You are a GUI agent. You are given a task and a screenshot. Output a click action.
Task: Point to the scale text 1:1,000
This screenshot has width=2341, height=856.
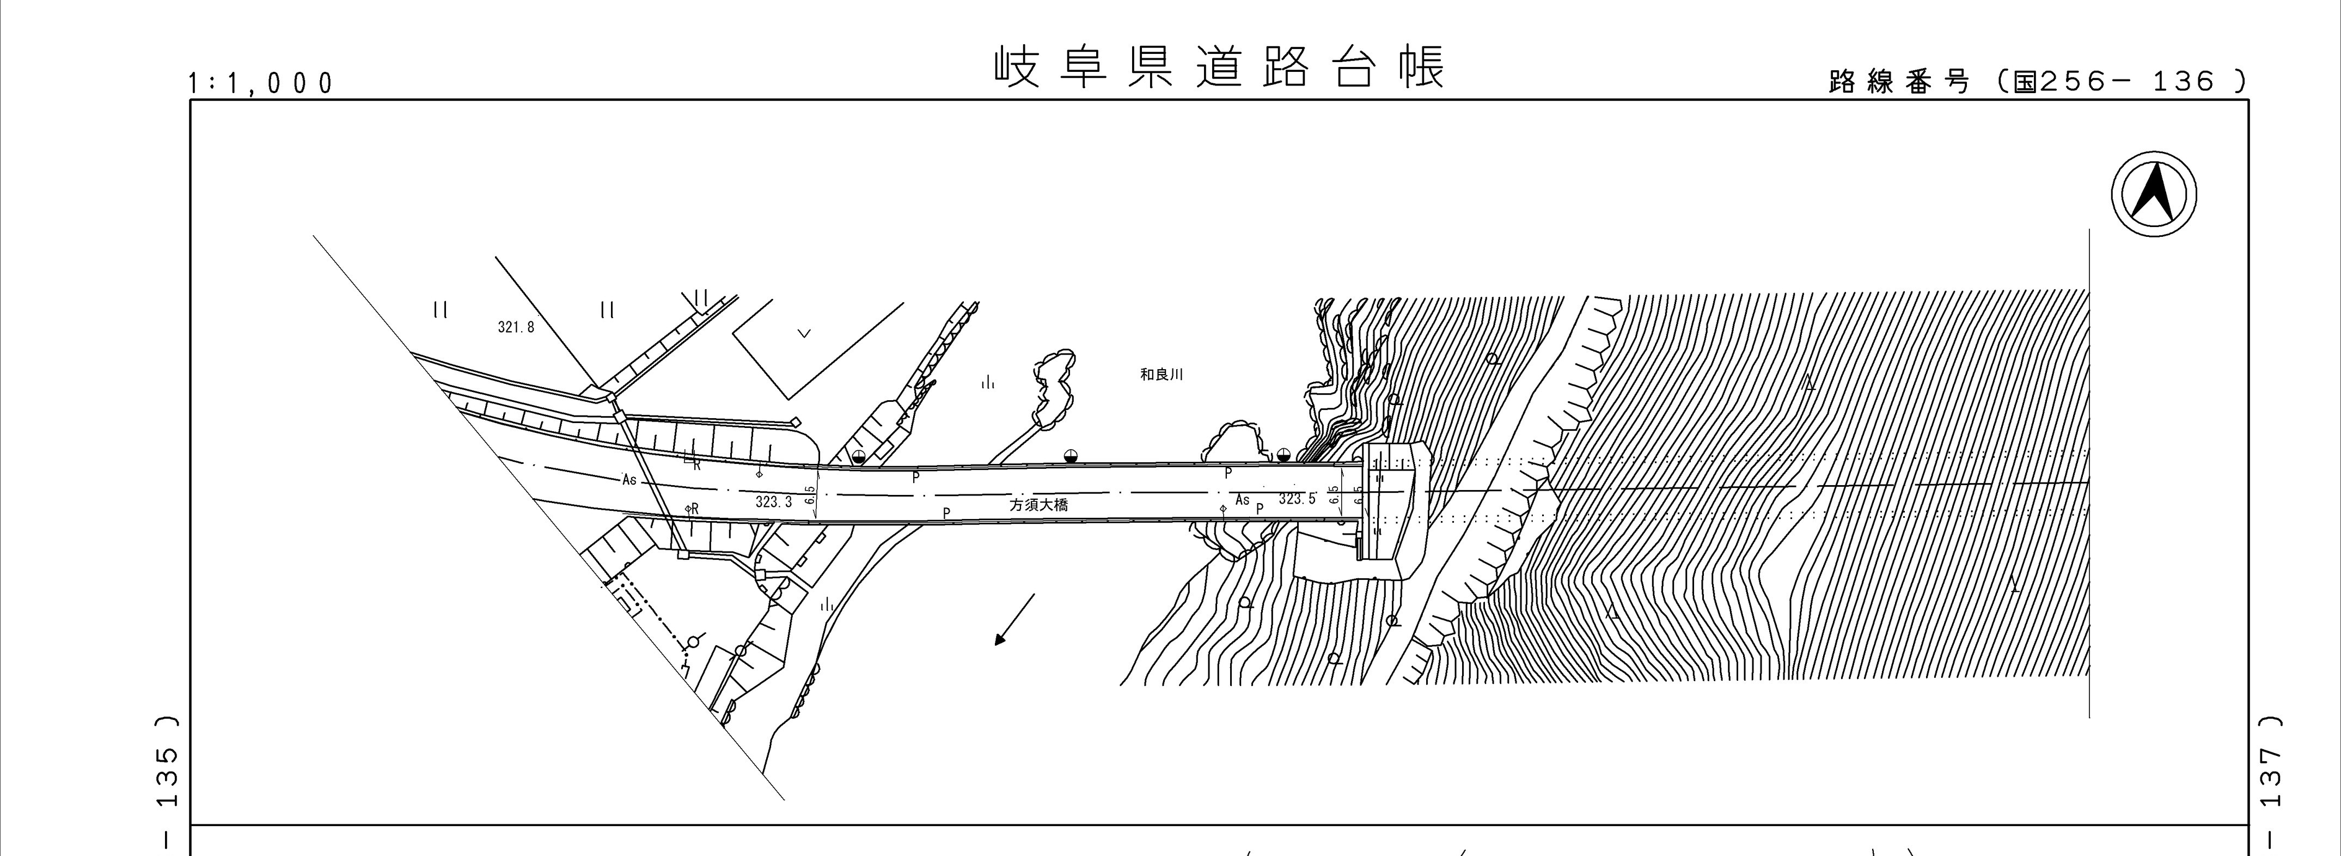pos(261,84)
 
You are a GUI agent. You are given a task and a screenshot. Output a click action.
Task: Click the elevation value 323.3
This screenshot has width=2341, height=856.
pos(773,502)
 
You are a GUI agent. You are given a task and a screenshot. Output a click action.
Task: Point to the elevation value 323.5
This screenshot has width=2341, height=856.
pos(1297,499)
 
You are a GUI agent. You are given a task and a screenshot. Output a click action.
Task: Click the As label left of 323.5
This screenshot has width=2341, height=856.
pos(1242,500)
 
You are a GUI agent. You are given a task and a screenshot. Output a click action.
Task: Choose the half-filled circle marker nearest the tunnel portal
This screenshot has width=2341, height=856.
pos(1283,454)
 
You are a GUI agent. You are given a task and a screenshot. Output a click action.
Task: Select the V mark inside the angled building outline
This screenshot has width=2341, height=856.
pos(803,333)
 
